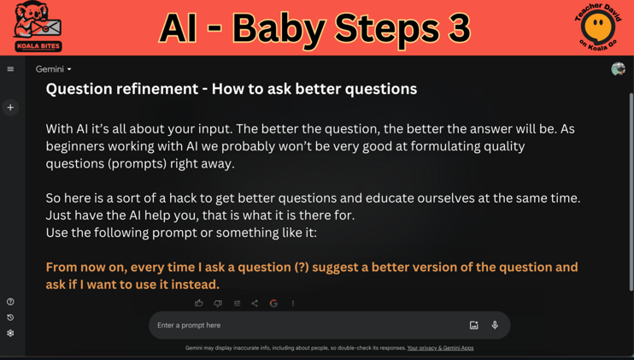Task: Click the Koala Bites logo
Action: pos(38,27)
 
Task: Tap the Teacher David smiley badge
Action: pos(597,27)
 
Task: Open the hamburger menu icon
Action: pos(10,69)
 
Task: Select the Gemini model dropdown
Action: pos(53,69)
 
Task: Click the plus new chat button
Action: pos(10,108)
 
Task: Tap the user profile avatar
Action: pos(618,69)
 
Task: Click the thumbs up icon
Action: pos(199,303)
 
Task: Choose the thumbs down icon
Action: pos(218,303)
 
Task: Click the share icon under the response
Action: pos(255,303)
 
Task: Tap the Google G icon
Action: pos(273,303)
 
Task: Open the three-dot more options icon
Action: pos(293,303)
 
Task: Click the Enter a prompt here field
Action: pos(299,325)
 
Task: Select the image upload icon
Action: pos(474,325)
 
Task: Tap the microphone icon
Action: pos(495,325)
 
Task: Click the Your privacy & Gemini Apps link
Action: pos(440,348)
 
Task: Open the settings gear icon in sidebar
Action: pos(10,333)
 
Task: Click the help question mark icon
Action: pos(10,302)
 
